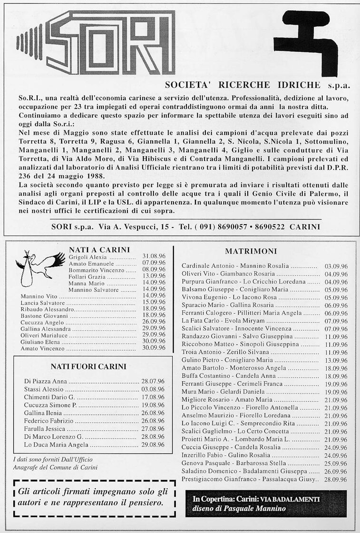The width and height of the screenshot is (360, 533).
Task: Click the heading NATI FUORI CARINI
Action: (88, 366)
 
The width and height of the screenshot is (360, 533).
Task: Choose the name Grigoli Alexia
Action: (88, 257)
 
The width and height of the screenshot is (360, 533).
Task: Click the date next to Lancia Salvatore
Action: (154, 302)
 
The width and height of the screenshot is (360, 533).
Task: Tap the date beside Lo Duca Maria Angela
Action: (153, 444)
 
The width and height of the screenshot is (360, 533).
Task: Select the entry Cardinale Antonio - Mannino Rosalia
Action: (235, 266)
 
